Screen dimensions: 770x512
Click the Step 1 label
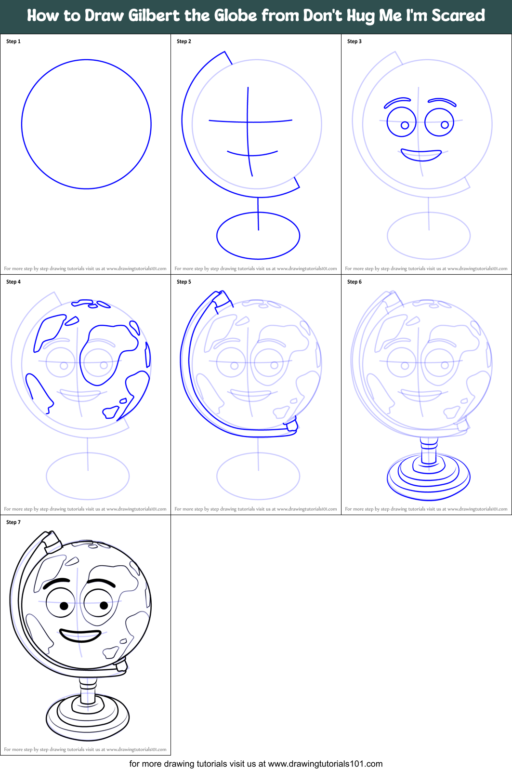(x=13, y=41)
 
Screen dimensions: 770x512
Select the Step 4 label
(x=13, y=282)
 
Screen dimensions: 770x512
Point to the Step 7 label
(x=13, y=522)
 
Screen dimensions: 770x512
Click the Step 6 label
(x=354, y=282)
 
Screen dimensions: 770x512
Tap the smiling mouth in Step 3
(x=421, y=155)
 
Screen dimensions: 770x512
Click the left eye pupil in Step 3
(x=405, y=125)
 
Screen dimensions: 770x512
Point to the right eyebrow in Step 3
(x=442, y=101)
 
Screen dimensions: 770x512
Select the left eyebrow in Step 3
(x=397, y=102)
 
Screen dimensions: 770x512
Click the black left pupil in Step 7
(x=64, y=606)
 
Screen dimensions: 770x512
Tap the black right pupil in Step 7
(x=104, y=605)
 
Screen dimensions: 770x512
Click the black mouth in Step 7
(x=81, y=635)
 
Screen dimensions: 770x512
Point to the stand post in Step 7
(x=88, y=692)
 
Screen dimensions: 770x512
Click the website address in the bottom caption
(x=325, y=764)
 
